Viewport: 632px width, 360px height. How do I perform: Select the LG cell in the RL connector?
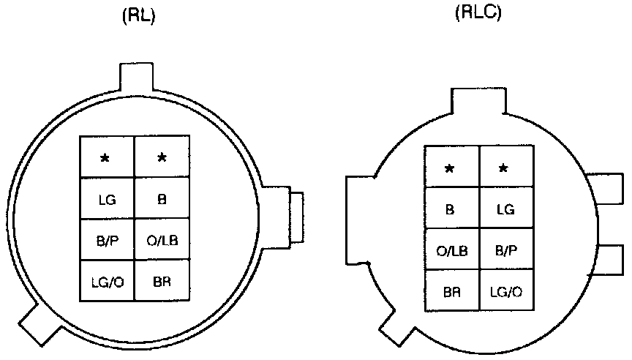tap(106, 198)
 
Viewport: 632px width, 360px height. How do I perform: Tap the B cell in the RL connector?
tap(162, 198)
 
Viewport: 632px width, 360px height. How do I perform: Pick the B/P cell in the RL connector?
tap(106, 239)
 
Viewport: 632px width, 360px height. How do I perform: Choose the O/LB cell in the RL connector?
tap(162, 239)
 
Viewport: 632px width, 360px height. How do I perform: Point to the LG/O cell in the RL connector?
tap(106, 280)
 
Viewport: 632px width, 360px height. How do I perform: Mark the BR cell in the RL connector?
tap(162, 280)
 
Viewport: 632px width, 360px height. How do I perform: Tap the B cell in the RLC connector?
tap(451, 209)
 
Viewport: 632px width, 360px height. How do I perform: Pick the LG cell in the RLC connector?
tap(505, 209)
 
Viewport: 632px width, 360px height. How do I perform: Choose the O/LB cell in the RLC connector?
tap(451, 250)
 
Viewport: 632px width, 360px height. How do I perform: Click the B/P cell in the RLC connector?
tap(505, 250)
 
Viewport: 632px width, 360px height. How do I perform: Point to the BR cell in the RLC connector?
tap(451, 290)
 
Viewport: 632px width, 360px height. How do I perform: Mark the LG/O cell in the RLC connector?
tap(505, 290)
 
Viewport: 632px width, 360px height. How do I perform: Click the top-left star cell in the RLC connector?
tap(451, 168)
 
